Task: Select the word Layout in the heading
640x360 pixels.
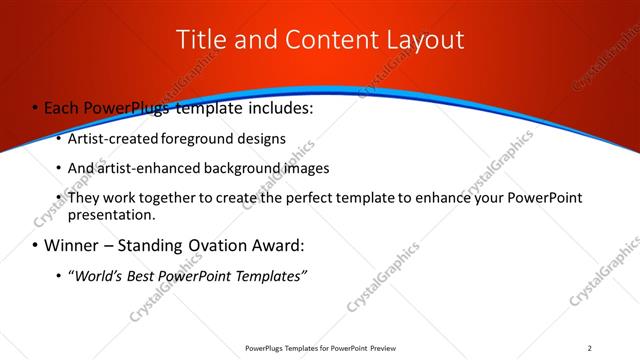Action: pos(424,40)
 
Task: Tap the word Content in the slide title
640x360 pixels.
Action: pos(329,40)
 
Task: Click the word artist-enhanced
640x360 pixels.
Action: pos(147,168)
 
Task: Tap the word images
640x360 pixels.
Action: pos(302,168)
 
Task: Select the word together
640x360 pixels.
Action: pos(170,198)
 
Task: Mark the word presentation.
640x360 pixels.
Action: pos(112,215)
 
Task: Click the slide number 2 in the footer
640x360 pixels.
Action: pos(590,348)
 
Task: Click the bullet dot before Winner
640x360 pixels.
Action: pos(37,246)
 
